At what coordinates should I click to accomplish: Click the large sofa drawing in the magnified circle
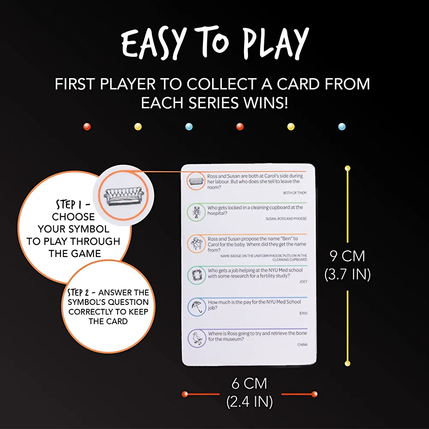[124, 196]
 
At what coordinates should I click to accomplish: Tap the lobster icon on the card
[196, 212]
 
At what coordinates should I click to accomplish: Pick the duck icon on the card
[197, 338]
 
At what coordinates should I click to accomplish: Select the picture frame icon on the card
[196, 275]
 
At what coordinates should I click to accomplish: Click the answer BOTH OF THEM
[295, 193]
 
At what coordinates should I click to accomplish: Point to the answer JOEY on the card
[303, 281]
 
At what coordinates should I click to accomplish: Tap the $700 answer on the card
[303, 313]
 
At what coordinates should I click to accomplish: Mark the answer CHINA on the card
[302, 344]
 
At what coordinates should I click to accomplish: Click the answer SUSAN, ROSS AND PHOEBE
[286, 219]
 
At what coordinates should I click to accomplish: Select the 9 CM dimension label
[347, 256]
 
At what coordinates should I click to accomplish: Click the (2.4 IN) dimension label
[250, 402]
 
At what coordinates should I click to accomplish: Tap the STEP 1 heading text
[73, 204]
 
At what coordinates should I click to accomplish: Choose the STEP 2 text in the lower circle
[78, 293]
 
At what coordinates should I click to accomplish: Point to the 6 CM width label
[249, 383]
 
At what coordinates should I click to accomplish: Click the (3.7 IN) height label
[347, 274]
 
